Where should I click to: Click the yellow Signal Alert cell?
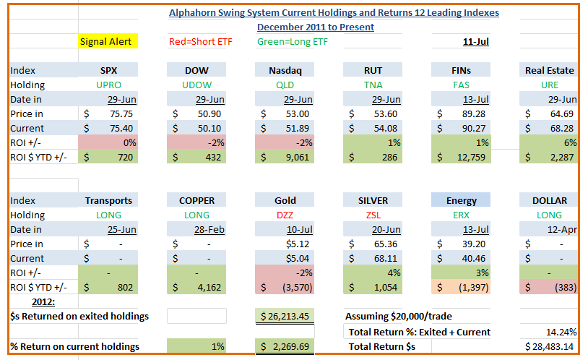point(108,41)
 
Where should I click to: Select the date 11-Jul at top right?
point(475,41)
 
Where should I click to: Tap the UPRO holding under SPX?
point(109,85)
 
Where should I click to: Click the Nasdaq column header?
point(285,70)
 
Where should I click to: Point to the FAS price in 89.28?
point(474,113)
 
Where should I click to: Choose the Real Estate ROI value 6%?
point(570,142)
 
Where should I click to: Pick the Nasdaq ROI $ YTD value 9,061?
point(298,157)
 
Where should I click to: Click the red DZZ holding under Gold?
point(285,215)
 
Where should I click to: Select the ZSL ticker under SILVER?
point(373,215)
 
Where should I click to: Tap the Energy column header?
point(462,200)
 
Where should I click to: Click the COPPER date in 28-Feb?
point(209,229)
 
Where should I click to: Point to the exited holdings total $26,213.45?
point(285,317)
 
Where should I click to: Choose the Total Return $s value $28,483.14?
point(549,346)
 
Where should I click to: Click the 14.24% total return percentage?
point(561,332)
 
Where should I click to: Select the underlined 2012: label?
point(43,302)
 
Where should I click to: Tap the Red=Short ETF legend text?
point(201,41)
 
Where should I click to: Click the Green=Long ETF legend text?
point(292,41)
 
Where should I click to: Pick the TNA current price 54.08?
point(386,129)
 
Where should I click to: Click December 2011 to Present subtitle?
point(316,27)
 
